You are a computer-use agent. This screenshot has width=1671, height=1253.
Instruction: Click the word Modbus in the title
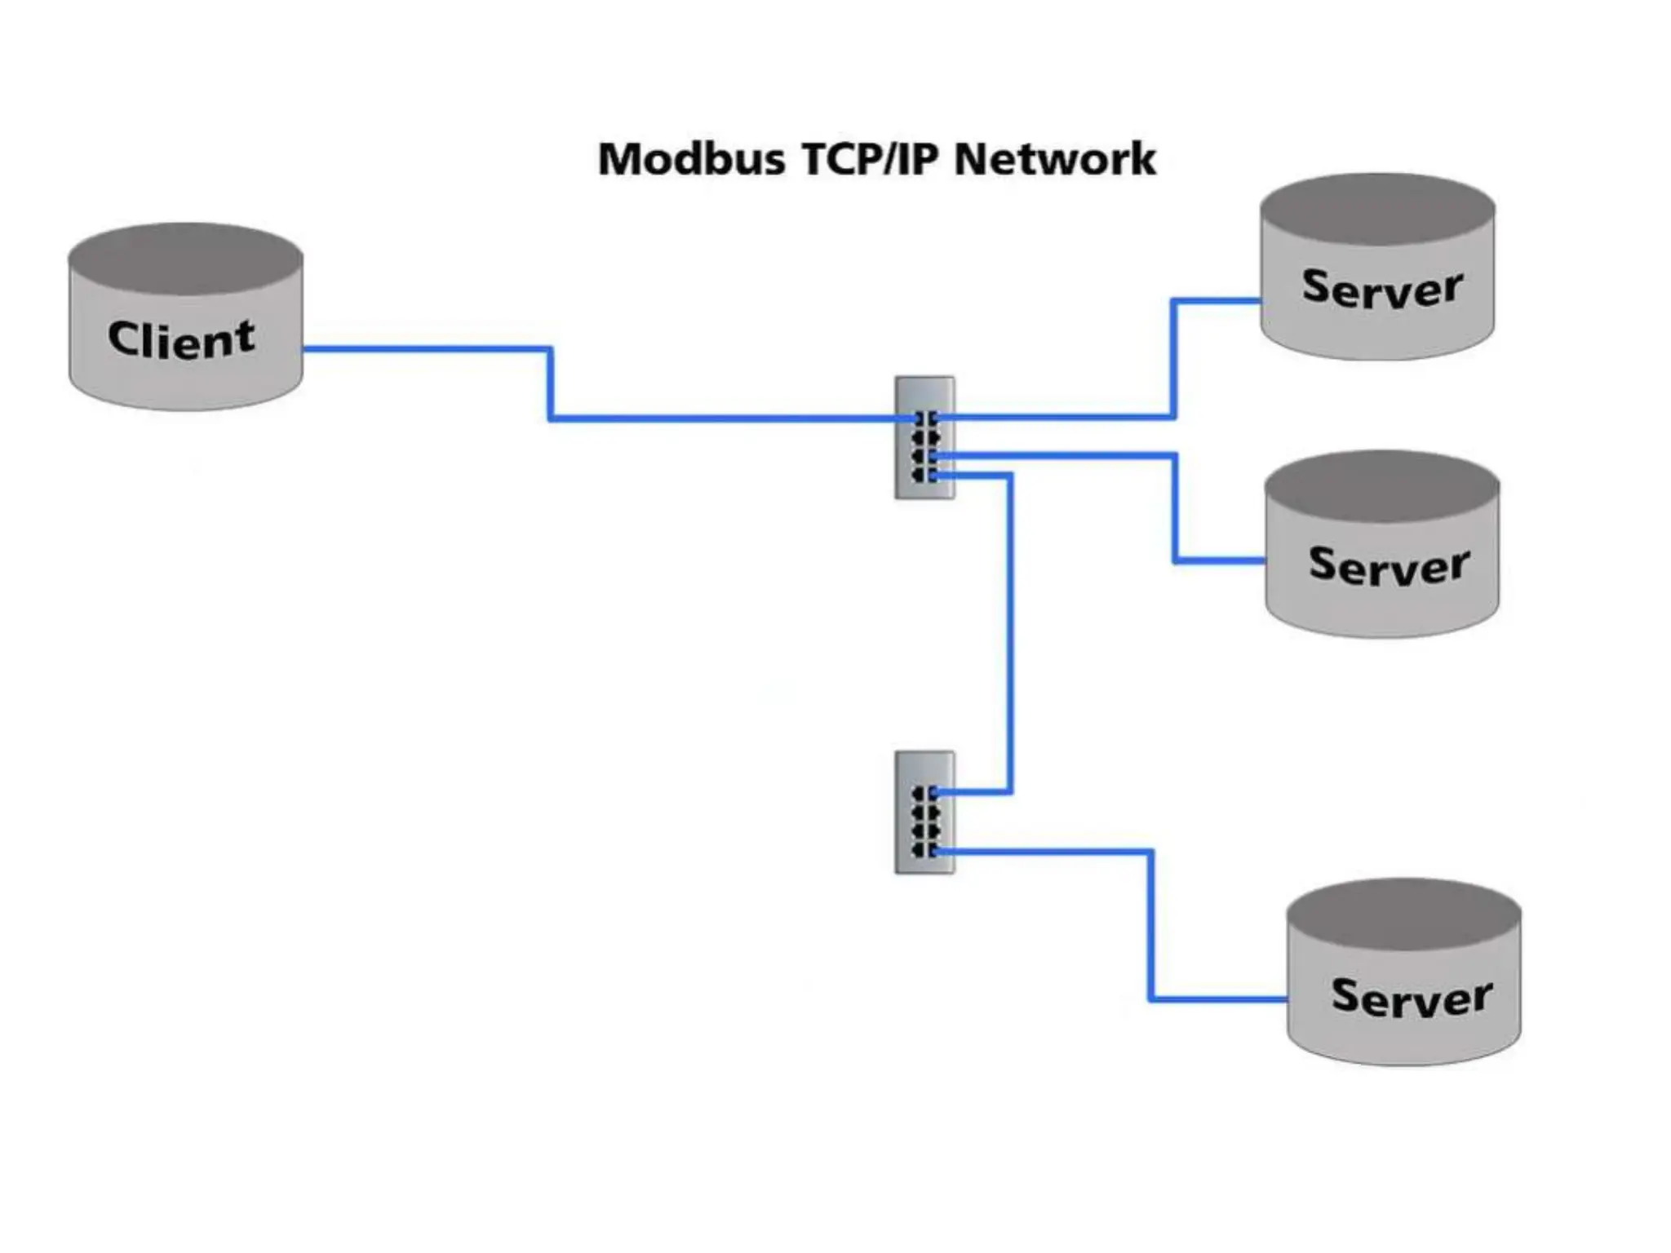click(x=690, y=159)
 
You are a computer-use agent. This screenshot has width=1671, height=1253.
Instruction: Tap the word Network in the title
click(x=1054, y=159)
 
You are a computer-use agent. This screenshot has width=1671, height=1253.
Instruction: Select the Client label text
click(x=181, y=339)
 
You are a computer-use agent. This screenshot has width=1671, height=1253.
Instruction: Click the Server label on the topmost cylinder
click(x=1382, y=289)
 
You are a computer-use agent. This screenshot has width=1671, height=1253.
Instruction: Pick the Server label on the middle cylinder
click(x=1389, y=566)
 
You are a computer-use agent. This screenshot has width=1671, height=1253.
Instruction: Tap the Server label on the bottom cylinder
click(x=1412, y=997)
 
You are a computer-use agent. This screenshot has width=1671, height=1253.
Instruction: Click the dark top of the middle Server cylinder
click(x=1382, y=485)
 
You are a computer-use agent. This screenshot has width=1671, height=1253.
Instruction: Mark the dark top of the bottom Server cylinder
click(x=1403, y=914)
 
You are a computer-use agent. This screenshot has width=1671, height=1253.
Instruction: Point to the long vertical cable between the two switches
click(x=1010, y=636)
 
